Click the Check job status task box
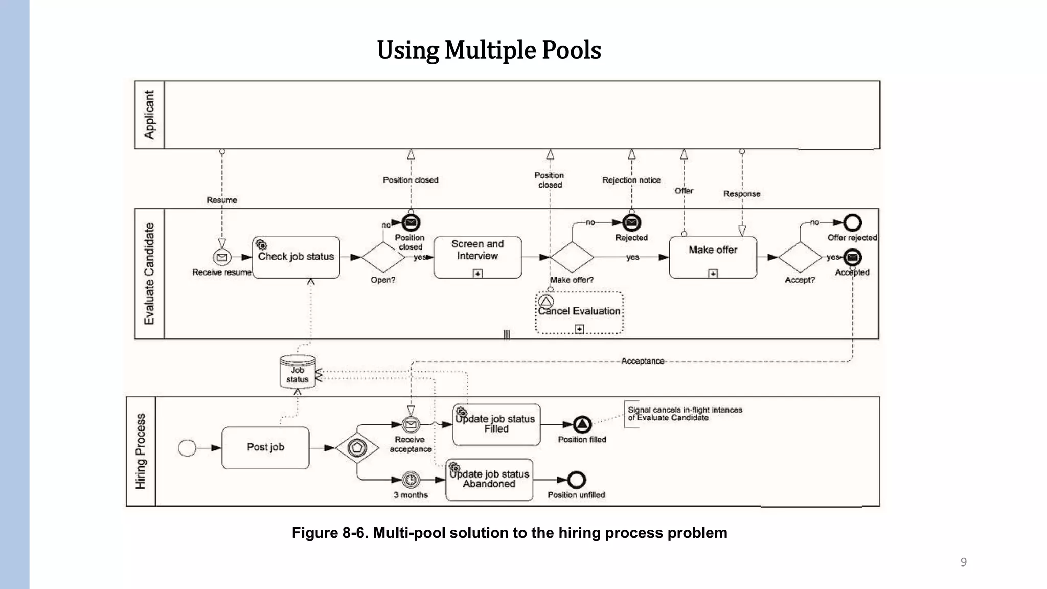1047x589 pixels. coord(296,257)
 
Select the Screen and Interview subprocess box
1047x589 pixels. coord(477,257)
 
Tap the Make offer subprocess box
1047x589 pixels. coord(713,257)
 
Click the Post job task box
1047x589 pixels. coord(265,447)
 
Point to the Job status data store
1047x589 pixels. coord(298,372)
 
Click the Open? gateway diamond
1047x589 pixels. coord(383,257)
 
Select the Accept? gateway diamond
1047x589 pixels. coord(800,257)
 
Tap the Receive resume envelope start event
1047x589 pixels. coord(222,257)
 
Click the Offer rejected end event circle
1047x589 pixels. coord(852,222)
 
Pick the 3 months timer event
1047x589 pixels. coord(411,480)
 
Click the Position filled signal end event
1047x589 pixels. coord(582,424)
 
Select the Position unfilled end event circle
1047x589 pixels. coord(577,480)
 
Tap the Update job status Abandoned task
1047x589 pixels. coord(489,480)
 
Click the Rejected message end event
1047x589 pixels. coord(632,222)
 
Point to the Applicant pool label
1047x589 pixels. coord(149,115)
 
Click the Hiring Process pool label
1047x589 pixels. coord(141,451)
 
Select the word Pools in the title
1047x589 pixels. coord(571,50)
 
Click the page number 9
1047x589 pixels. coord(963,562)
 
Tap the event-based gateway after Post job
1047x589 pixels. coord(357,448)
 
